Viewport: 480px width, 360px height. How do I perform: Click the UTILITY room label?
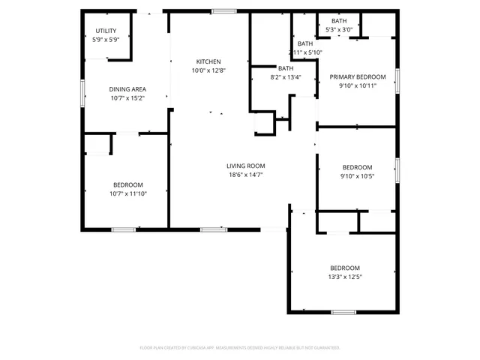coord(106,30)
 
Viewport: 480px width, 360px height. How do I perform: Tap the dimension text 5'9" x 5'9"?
coord(106,39)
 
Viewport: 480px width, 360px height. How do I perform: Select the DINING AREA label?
coord(127,88)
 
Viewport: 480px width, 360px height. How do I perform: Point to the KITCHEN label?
coord(208,61)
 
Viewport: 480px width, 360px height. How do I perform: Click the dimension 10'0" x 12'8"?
coord(208,70)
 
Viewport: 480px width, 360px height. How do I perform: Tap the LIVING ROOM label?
coord(245,166)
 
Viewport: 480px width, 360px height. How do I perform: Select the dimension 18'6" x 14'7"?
coord(245,175)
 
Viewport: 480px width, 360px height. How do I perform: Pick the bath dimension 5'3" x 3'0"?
coord(339,29)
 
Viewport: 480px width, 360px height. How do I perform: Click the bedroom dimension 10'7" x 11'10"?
coord(127,193)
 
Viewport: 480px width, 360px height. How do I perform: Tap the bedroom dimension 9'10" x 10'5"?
coord(357,176)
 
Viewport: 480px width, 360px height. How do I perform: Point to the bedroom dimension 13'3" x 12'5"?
coord(345,277)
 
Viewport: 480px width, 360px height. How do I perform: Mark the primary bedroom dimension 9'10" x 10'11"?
coord(356,85)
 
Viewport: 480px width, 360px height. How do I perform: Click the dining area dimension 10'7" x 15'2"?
coord(127,97)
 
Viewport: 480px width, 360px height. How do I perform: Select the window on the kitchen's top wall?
coord(223,11)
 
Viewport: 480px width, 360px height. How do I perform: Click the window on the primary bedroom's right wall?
coord(397,76)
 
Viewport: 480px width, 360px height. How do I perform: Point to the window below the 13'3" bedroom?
coord(343,311)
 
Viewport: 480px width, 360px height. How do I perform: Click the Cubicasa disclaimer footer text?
coord(240,348)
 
